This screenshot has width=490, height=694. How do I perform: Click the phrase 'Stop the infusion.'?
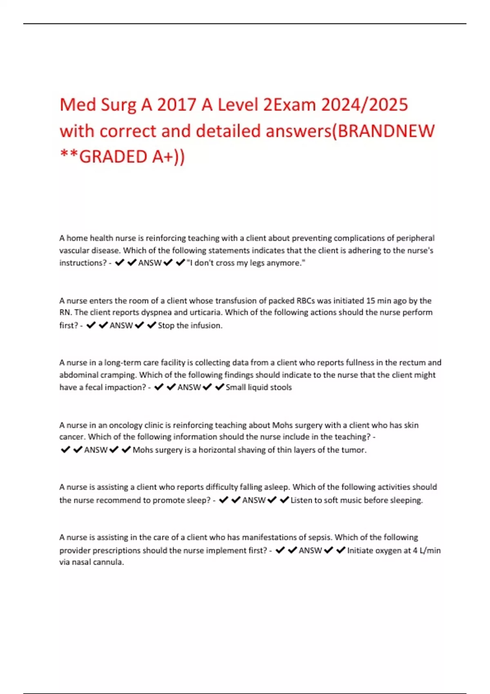[x=190, y=326]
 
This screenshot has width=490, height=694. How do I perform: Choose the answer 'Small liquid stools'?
[x=258, y=387]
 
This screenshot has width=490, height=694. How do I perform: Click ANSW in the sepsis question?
[x=310, y=551]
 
